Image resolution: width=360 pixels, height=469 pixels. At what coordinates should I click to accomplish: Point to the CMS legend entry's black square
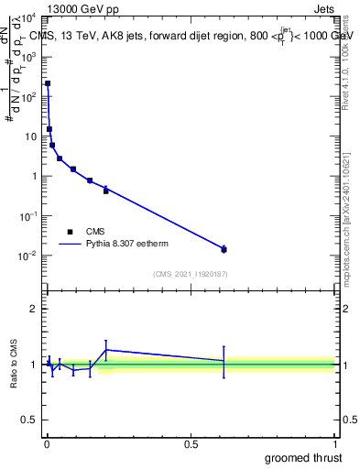pos(70,232)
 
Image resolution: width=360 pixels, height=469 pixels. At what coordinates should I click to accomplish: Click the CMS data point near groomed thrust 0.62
pos(224,249)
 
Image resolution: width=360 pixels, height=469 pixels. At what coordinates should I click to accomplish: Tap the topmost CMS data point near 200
pos(48,83)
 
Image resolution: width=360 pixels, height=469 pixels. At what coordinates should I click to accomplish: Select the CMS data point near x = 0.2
pos(106,191)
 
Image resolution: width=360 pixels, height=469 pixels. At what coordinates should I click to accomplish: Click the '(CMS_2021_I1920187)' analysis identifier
pos(190,274)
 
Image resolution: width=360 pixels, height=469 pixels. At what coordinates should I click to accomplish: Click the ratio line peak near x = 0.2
pos(106,349)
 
